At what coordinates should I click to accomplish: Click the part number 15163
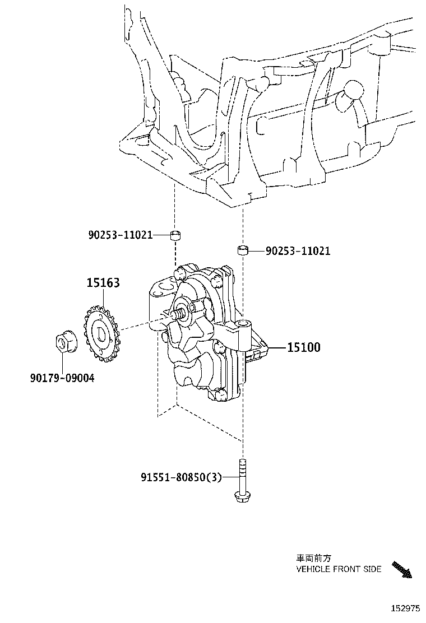103,283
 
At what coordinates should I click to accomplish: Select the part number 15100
303,348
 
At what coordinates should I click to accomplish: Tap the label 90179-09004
62,378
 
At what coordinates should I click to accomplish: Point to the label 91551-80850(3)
181,477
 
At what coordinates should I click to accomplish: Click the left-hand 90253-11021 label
120,235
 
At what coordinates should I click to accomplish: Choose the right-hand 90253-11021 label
298,251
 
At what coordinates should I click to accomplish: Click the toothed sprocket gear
101,333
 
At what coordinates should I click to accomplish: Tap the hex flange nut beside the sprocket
63,342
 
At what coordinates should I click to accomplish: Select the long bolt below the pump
242,479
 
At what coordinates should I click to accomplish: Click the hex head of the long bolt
242,496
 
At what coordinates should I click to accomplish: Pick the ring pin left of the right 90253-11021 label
243,249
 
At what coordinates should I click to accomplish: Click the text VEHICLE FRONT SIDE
339,569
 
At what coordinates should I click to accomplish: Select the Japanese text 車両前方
314,558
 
